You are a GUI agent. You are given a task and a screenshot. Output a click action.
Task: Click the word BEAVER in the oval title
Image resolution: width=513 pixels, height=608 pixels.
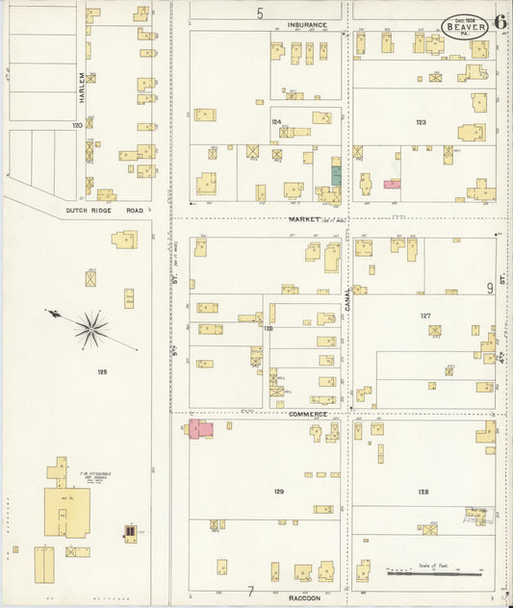tap(466, 27)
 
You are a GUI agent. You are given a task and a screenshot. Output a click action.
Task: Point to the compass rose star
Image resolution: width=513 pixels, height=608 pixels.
tap(91, 329)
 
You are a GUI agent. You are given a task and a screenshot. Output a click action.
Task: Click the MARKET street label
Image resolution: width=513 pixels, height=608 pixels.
tap(304, 219)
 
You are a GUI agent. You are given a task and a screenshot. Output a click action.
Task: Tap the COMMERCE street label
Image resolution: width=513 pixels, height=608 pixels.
tap(308, 414)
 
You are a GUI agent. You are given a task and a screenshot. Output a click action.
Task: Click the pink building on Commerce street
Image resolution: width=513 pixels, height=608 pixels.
tap(201, 429)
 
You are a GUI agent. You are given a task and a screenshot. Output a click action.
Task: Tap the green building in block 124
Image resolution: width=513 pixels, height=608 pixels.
tap(336, 174)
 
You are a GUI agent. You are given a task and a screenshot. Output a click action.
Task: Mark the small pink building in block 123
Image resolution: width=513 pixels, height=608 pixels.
tap(392, 183)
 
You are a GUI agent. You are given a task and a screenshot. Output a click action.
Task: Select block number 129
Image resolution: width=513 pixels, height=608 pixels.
tap(278, 492)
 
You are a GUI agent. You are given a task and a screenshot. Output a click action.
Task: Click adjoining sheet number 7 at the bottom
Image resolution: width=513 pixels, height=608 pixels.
tap(251, 590)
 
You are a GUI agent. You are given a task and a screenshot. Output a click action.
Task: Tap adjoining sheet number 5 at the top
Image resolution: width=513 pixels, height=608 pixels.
tap(260, 13)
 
